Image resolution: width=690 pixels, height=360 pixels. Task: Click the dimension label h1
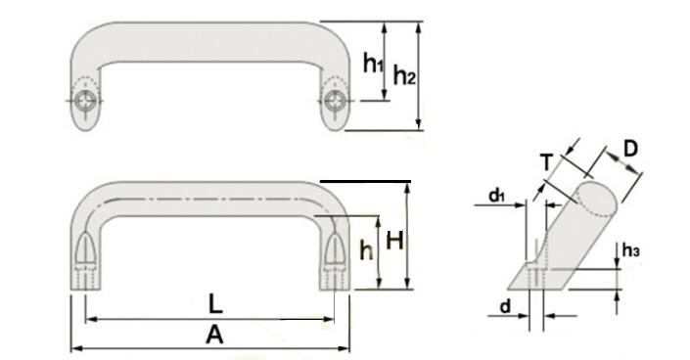(372, 64)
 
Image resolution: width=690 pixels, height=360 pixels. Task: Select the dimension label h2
(405, 75)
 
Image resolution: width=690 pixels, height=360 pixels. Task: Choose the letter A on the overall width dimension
(215, 336)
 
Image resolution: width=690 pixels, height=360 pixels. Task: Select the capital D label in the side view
(630, 149)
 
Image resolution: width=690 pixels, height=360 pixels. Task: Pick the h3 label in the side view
(631, 252)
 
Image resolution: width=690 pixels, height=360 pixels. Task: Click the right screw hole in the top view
(337, 101)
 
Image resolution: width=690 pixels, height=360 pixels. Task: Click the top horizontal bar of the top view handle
(210, 39)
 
